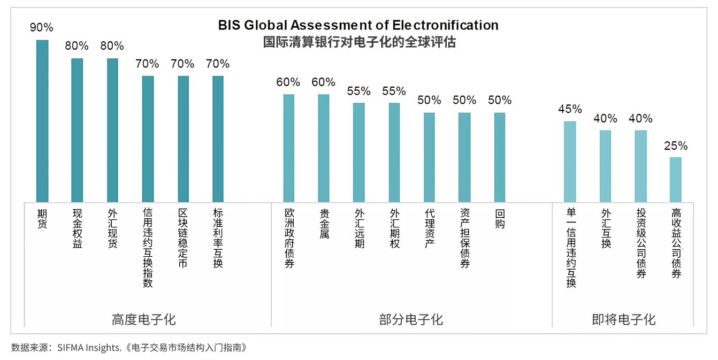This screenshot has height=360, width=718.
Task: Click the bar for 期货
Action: point(42,121)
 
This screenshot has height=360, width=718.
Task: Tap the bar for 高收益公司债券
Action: point(676,180)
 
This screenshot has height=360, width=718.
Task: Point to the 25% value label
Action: point(676,146)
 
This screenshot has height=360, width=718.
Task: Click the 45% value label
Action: point(570,109)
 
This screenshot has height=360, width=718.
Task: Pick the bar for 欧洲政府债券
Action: point(288,148)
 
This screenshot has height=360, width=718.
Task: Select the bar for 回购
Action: point(499,157)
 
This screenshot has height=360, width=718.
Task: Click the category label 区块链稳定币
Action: point(183,238)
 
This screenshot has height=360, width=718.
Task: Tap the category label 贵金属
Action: point(324,224)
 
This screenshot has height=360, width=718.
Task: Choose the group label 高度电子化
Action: point(143,320)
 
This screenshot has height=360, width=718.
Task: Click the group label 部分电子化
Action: point(411,320)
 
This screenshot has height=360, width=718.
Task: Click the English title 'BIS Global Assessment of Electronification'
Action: point(358,25)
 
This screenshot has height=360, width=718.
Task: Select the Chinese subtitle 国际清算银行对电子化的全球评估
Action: point(359,42)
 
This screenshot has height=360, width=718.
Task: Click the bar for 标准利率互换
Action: point(218,139)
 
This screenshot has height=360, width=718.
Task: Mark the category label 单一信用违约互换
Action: point(570,248)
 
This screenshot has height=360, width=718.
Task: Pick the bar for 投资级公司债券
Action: point(640,166)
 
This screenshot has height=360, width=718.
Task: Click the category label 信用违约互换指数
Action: point(148,248)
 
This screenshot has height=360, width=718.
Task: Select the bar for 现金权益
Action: point(77,130)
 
